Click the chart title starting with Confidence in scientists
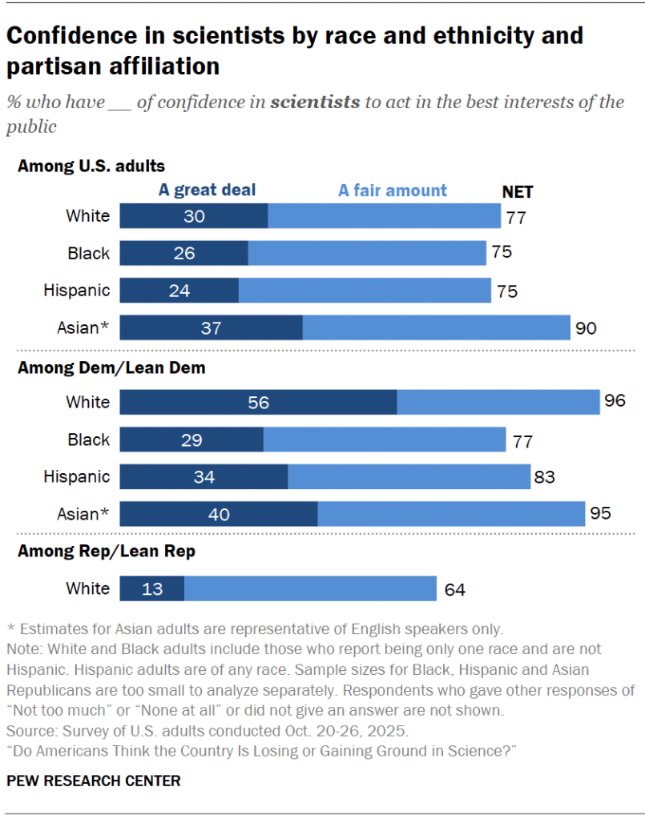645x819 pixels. pyautogui.click(x=295, y=50)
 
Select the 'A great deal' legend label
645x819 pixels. pyautogui.click(x=207, y=190)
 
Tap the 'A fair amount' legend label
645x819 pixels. pyautogui.click(x=393, y=191)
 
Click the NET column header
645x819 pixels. pyautogui.click(x=517, y=192)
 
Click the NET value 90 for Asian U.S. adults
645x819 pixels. pyautogui.click(x=586, y=328)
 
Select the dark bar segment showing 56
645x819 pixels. pyautogui.click(x=258, y=402)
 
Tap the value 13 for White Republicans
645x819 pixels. pyautogui.click(x=152, y=588)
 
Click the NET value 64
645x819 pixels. pyautogui.click(x=454, y=590)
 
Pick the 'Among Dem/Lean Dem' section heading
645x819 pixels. pyautogui.click(x=111, y=368)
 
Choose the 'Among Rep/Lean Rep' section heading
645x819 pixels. pyautogui.click(x=107, y=551)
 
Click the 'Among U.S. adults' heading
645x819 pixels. pyautogui.click(x=91, y=167)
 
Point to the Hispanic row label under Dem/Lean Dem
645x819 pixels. pyautogui.click(x=77, y=477)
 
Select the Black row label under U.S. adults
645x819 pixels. pyautogui.click(x=88, y=254)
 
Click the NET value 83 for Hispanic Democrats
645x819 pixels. pyautogui.click(x=544, y=478)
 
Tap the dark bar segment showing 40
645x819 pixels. pyautogui.click(x=219, y=514)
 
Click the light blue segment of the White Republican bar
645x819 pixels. pyautogui.click(x=310, y=588)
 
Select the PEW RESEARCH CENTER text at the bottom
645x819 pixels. pyautogui.click(x=94, y=781)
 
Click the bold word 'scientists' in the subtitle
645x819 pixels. pyautogui.click(x=315, y=102)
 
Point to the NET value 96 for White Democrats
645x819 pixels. pyautogui.click(x=614, y=401)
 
